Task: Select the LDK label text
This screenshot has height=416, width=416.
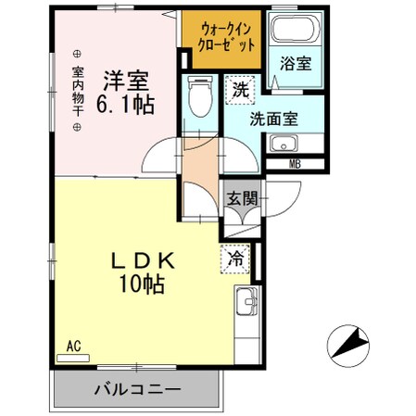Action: [x=136, y=260]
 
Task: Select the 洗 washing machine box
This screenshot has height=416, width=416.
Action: [x=240, y=90]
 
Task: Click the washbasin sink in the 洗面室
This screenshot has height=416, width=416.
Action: [x=284, y=145]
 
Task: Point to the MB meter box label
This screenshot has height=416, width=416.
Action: [x=295, y=165]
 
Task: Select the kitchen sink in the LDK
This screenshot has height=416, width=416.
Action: [x=246, y=303]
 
